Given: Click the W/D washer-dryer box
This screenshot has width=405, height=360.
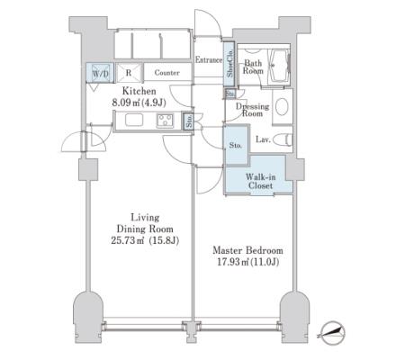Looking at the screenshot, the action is coord(100,73).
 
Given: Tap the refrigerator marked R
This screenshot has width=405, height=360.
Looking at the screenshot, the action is coord(129,73).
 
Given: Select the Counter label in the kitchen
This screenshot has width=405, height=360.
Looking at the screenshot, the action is coord(167,73).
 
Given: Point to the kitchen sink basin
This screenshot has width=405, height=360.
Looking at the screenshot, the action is coord(134,121).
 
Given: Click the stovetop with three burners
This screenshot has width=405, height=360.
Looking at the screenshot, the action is coord(165,121).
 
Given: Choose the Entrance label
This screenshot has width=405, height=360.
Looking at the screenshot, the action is coord(209,59).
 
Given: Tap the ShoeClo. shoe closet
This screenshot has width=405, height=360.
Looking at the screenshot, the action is coord(229,63).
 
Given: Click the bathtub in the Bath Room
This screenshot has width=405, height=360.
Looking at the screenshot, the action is coord(279,66).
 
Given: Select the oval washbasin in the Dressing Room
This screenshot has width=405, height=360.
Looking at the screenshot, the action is coord(282,106).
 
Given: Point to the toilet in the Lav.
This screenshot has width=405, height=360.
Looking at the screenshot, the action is coord(283,139).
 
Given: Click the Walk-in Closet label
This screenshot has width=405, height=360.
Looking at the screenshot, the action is coord(260,181).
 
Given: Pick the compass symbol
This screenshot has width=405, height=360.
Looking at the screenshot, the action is coord(332,333).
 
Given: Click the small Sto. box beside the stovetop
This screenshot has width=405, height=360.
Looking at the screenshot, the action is coord(189,121).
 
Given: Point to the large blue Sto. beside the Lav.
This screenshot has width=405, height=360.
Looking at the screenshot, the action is coord(237,145).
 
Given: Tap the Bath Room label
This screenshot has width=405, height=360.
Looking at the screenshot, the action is coord(253,67).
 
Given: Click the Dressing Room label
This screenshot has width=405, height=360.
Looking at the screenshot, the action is coord(252,110).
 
